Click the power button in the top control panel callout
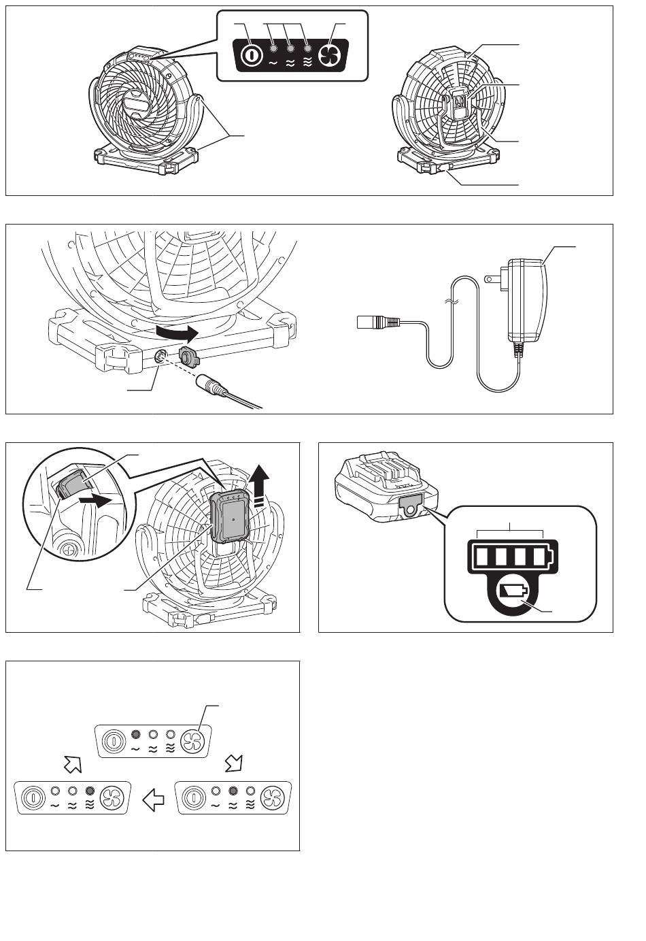pyautogui.click(x=251, y=54)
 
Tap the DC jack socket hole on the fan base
pyautogui.click(x=162, y=355)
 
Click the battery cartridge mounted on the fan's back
pyautogui.click(x=229, y=516)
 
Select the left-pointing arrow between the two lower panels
pyautogui.click(x=154, y=800)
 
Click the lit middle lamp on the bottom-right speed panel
pyautogui.click(x=233, y=791)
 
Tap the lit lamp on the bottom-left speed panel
pyautogui.click(x=90, y=791)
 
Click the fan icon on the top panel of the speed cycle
pyautogui.click(x=193, y=739)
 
